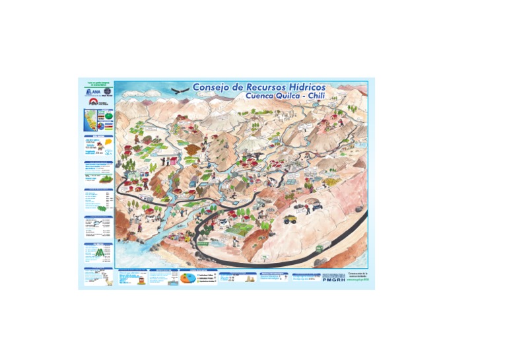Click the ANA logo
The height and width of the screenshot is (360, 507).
tap(92, 92)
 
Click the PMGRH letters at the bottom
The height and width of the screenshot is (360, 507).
tap(333, 279)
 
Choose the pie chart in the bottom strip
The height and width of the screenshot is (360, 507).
tap(187, 279)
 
